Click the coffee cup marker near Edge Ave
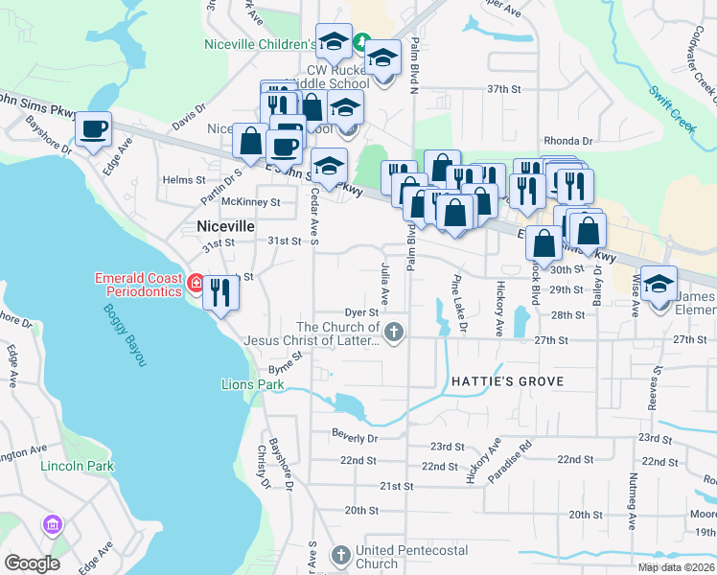click(x=93, y=129)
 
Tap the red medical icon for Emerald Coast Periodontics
click(x=195, y=284)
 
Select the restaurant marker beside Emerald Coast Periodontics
click(x=221, y=292)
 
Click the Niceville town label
click(x=225, y=226)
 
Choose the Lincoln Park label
click(x=77, y=466)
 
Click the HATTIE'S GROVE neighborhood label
click(x=507, y=381)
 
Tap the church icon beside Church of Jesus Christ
click(x=395, y=333)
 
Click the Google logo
click(x=32, y=563)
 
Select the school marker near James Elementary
click(x=659, y=284)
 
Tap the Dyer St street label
click(x=361, y=313)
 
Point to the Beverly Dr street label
click(x=355, y=437)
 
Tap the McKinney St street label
click(x=250, y=202)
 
